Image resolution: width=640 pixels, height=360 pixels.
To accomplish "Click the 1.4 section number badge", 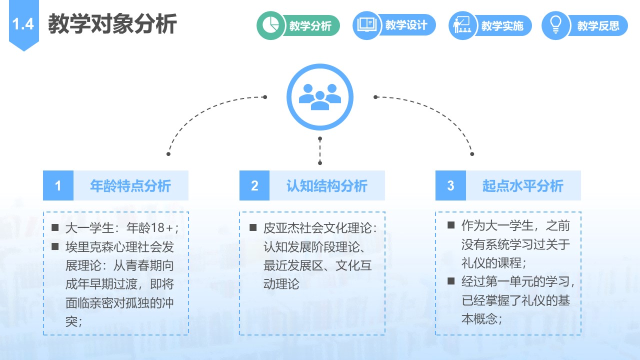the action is (23, 24).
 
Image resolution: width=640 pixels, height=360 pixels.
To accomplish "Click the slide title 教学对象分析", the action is (112, 24).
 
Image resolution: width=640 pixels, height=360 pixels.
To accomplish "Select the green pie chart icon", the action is (270, 25).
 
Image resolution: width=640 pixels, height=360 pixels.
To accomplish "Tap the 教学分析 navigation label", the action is (310, 25).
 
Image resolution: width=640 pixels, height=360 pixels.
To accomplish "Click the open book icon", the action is (366, 25).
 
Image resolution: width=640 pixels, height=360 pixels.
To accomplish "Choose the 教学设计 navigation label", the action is (406, 25).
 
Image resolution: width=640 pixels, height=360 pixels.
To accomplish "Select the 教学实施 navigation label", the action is (502, 25).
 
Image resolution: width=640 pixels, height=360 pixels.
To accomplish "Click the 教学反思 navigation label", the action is (598, 25).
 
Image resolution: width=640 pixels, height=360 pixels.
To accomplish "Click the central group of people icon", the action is (320, 97).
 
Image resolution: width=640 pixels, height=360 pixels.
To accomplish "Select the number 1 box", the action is (58, 185).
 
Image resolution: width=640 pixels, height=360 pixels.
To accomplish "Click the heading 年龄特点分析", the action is (130, 185).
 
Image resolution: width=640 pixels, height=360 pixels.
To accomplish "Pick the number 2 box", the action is (254, 185).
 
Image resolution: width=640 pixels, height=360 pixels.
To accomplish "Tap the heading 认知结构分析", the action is (327, 185).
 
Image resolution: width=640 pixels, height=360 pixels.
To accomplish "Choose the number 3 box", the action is (450, 185).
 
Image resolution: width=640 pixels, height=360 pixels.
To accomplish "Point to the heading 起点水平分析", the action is (523, 185).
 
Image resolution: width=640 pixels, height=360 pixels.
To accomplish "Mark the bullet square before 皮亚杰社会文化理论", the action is (253, 227).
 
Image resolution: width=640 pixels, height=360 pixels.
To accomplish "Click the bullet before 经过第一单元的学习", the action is (451, 281).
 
